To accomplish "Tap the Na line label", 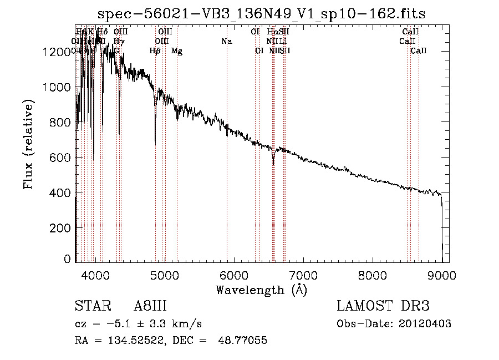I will click(226, 42).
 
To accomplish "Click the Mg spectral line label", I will click(176, 51).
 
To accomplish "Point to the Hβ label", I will click(155, 51).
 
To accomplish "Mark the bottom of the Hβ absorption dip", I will click(155, 143).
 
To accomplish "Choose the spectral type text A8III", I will click(150, 307).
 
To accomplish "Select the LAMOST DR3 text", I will click(383, 307).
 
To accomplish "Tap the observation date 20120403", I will click(426, 324).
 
